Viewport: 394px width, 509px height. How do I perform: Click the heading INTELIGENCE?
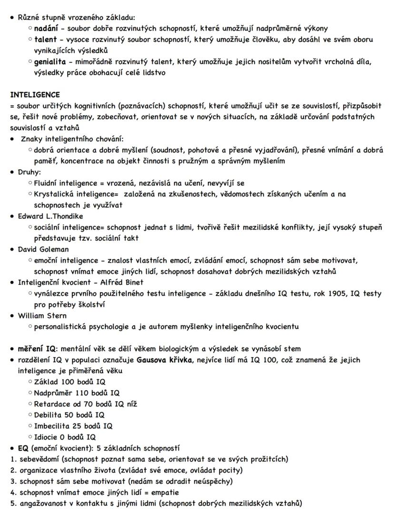click(35, 95)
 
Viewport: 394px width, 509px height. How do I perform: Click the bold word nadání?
click(47, 29)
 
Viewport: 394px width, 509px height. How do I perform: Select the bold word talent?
click(45, 39)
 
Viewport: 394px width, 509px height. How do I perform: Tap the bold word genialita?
click(50, 62)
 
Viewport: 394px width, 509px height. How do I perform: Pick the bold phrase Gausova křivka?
click(166, 360)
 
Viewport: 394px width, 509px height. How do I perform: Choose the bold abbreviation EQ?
click(23, 448)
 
